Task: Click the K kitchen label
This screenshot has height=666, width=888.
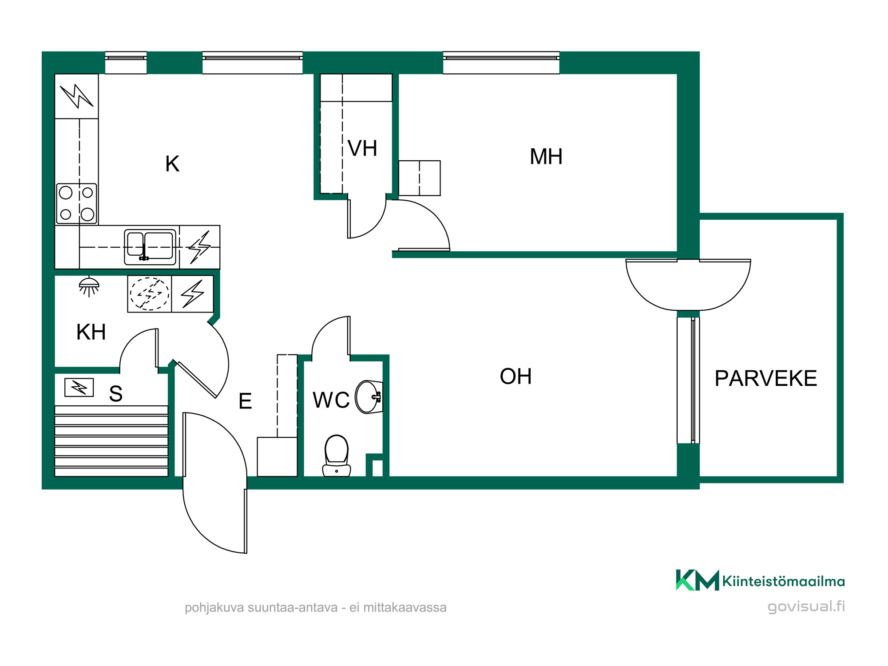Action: tap(172, 164)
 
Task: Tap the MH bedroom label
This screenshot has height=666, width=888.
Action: tap(546, 157)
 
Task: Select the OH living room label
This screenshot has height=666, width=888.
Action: tap(515, 377)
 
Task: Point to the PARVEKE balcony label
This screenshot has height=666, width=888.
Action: tap(766, 379)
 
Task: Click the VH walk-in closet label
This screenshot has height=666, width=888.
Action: tap(362, 148)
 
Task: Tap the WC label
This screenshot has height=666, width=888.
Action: tap(331, 400)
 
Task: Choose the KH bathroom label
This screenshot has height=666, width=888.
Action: tap(91, 332)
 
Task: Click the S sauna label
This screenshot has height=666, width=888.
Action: tap(116, 394)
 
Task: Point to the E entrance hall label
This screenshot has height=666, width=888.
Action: tap(245, 401)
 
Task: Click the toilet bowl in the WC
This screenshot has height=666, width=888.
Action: tap(337, 455)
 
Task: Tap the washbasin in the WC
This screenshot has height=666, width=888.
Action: tap(369, 397)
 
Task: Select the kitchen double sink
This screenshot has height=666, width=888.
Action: tap(150, 247)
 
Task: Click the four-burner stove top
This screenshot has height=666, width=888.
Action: tap(76, 203)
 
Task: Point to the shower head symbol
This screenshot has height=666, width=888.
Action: tap(89, 286)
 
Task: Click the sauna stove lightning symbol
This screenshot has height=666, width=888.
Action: tap(79, 387)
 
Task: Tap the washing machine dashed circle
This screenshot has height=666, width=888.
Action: tap(150, 293)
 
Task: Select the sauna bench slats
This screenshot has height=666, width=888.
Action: tap(111, 441)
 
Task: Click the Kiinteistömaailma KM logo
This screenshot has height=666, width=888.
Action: tap(760, 580)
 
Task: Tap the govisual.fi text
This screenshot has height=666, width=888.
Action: tap(806, 607)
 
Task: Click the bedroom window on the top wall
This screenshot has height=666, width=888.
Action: tap(501, 63)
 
